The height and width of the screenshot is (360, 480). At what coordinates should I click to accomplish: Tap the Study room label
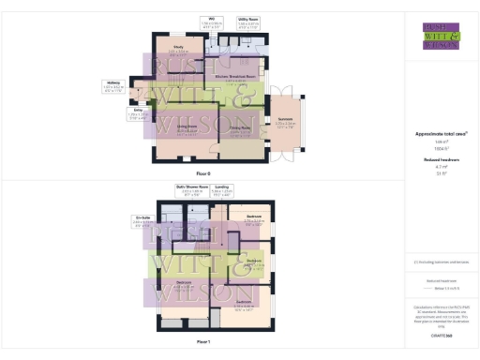(x=178, y=47)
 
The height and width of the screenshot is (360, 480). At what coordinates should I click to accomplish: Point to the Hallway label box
(x=112, y=85)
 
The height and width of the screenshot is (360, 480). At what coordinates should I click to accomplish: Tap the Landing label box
(x=222, y=191)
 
